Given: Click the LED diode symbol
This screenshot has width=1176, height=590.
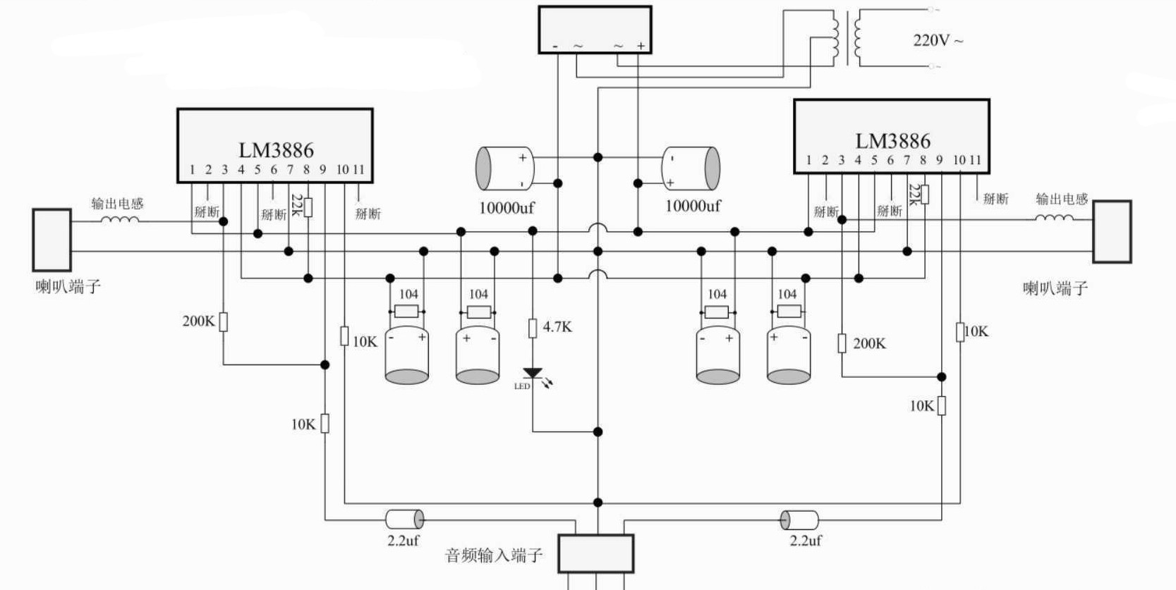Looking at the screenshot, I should [x=533, y=374].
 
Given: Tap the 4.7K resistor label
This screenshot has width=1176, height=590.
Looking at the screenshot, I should [x=557, y=327].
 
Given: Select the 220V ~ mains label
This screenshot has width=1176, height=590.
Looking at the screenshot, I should [x=938, y=40].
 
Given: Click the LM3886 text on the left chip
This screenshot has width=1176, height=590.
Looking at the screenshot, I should [x=276, y=150].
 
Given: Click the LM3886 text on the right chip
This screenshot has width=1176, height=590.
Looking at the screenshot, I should [x=892, y=141].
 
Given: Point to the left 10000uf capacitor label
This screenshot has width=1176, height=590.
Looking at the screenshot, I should [x=507, y=208].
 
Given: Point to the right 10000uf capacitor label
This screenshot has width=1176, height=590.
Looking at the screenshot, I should [x=693, y=206].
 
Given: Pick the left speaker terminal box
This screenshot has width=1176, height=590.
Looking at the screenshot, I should [x=51, y=240].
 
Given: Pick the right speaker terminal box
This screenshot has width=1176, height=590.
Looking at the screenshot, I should [x=1112, y=231].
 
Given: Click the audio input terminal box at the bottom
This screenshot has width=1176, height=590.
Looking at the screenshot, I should [x=595, y=553].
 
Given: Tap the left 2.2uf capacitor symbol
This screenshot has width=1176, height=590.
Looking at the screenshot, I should [x=404, y=520].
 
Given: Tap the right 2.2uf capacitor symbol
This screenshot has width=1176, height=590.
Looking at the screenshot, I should [x=799, y=520].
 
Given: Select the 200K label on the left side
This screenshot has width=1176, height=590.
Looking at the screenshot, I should [x=198, y=321].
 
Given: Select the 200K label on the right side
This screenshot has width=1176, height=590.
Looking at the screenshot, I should [x=869, y=344].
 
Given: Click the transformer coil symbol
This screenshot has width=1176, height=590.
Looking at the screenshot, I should [x=846, y=39].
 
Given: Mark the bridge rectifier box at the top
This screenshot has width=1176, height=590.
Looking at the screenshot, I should [x=595, y=30].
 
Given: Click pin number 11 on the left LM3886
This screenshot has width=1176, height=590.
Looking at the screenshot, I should [x=358, y=170].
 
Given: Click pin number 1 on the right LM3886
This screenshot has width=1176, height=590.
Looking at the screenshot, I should [x=808, y=161].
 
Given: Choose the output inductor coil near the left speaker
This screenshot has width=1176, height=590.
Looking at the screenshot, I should [x=119, y=220].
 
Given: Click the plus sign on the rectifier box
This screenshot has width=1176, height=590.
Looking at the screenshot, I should [x=641, y=46].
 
